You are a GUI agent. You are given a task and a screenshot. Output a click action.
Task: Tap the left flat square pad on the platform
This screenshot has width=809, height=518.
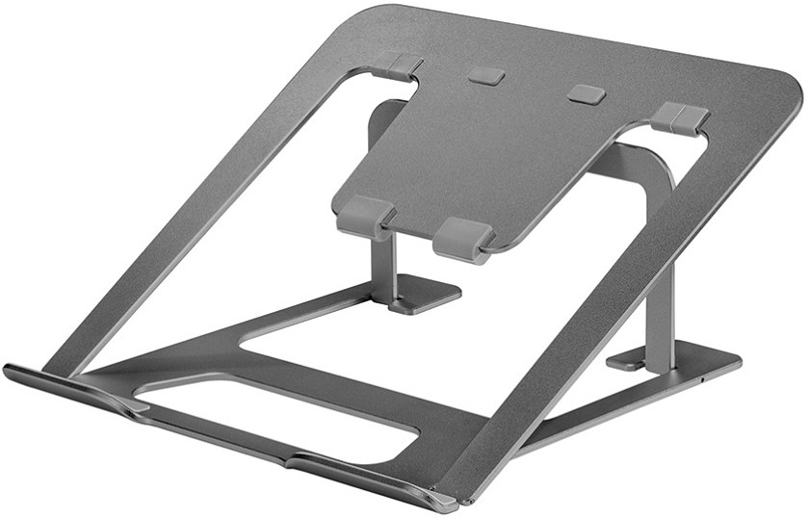point(487,76)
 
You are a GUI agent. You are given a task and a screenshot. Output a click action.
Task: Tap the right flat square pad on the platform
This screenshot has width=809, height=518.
point(586,94)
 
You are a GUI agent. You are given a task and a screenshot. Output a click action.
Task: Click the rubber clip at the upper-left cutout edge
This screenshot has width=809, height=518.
point(396,65)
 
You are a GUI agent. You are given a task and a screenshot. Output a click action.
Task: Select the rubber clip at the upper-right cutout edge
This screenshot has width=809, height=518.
point(680,117)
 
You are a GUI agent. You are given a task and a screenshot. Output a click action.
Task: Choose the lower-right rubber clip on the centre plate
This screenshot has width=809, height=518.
point(463,238)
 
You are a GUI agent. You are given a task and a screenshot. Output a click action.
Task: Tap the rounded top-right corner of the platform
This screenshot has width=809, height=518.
point(786,91)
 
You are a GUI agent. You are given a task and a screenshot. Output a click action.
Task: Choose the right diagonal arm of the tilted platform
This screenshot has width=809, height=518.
point(616,308)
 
